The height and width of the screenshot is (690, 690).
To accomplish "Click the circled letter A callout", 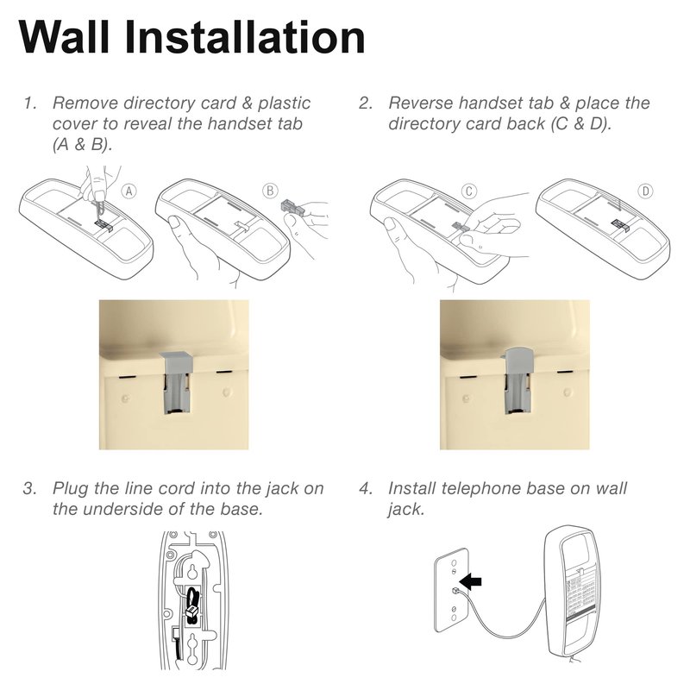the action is (x=129, y=191).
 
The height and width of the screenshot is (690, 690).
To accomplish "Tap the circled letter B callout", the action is (x=270, y=191).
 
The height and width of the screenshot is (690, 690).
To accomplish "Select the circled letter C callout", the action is (x=469, y=191).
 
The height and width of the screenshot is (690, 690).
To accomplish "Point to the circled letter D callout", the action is (x=645, y=191).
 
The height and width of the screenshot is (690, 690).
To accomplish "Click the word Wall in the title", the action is (x=64, y=37).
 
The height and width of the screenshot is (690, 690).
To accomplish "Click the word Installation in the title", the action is (x=245, y=37).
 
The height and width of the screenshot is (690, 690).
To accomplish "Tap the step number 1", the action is (x=30, y=103).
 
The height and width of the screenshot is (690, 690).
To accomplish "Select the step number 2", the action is (x=366, y=103).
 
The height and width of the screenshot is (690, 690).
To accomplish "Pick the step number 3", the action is (x=30, y=489).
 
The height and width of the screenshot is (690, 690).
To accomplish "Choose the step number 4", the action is (x=366, y=489).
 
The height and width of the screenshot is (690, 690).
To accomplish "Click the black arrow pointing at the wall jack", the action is (x=470, y=582).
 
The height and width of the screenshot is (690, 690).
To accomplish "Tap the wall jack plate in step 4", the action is (x=452, y=590).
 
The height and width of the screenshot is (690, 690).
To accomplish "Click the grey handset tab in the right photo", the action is (x=518, y=380).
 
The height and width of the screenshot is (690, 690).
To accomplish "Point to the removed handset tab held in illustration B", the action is (x=292, y=206).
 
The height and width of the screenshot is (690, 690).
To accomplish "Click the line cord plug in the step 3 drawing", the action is (x=191, y=611).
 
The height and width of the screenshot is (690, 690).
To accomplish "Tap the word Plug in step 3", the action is (x=71, y=489).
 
